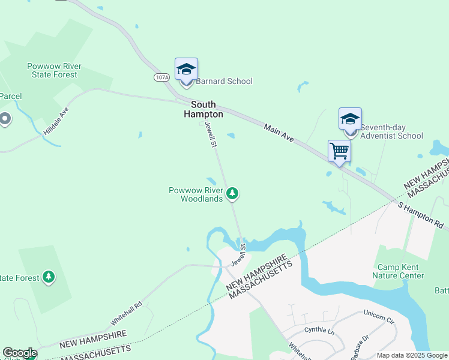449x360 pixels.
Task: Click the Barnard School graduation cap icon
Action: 186,70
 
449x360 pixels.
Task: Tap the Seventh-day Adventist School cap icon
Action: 350,119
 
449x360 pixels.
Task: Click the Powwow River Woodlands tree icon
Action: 232,194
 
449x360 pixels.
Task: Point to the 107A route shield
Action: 161,77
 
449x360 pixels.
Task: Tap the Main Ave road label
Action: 279,133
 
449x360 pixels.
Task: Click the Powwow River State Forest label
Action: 55,70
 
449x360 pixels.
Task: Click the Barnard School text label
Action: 224,81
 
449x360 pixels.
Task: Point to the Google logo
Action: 19,353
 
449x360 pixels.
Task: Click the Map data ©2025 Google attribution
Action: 412,355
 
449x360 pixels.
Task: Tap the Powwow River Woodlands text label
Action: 196,194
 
